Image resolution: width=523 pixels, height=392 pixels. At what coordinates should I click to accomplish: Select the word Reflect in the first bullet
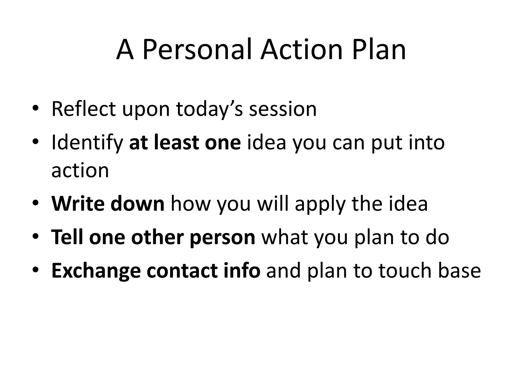click(x=84, y=109)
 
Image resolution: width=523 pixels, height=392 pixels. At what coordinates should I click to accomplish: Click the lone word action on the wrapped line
click(x=80, y=170)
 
